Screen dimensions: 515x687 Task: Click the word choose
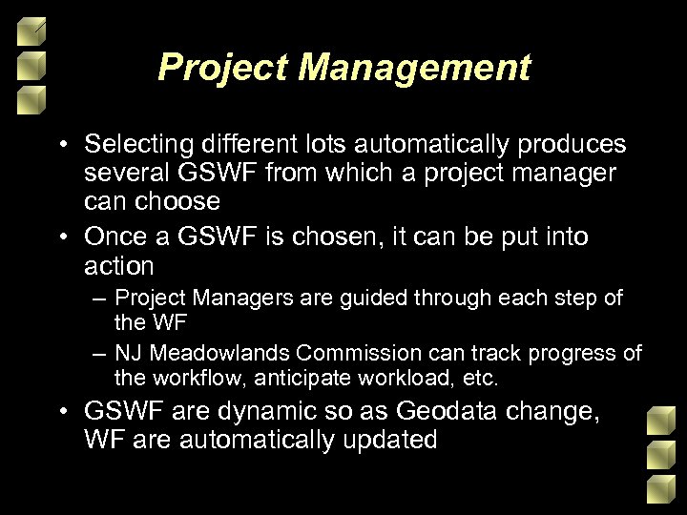(175, 201)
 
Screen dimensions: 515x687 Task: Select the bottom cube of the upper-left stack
(31, 96)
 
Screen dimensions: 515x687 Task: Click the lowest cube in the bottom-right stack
(657, 490)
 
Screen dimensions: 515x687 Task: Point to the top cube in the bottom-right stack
(657, 421)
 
